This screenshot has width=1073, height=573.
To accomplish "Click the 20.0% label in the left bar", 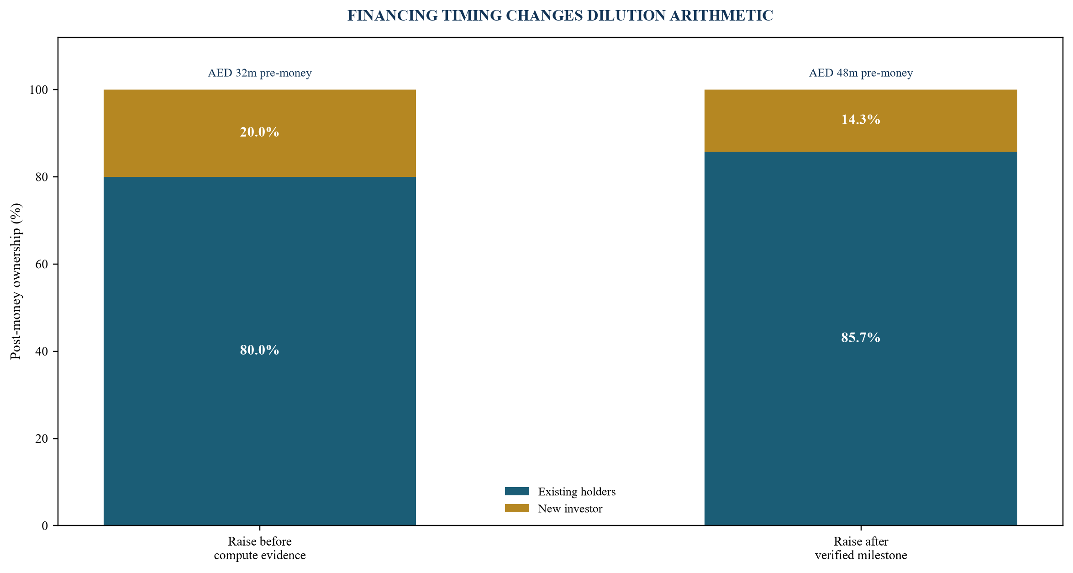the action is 259,132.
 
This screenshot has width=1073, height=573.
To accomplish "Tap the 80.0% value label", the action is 259,350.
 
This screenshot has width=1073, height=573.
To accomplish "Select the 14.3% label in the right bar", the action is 861,120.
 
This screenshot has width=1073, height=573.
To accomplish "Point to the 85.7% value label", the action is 861,338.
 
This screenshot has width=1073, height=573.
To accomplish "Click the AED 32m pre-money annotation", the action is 259,73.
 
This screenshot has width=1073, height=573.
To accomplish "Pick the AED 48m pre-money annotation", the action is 861,73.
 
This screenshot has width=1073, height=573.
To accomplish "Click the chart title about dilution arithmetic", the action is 560,16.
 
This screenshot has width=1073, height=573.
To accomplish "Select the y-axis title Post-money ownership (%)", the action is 16,281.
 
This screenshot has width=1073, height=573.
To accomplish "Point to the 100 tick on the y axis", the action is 39,90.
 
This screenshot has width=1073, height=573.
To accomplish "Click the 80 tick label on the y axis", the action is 42,177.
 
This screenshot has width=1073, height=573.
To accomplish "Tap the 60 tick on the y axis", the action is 42,265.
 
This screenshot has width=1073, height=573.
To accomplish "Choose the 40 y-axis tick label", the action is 42,352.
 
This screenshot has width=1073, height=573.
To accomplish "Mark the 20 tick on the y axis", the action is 42,439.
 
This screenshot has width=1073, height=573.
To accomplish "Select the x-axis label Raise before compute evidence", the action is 260,548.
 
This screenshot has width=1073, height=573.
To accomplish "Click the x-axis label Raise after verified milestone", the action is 861,548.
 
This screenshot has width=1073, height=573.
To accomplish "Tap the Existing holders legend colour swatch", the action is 517,491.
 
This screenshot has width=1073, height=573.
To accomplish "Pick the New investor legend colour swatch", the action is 517,508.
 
